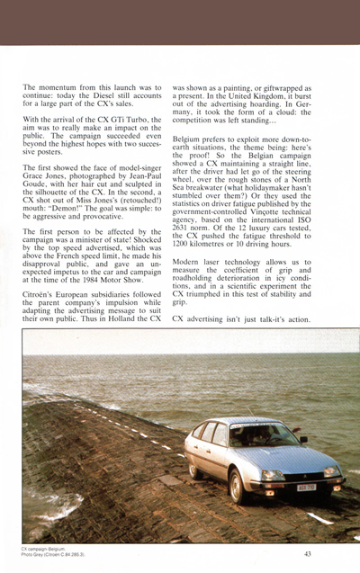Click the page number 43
(x=308, y=554)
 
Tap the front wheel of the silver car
(x=238, y=486)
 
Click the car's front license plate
(x=307, y=487)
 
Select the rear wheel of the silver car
(x=191, y=469)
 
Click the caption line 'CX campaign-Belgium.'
(x=43, y=549)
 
